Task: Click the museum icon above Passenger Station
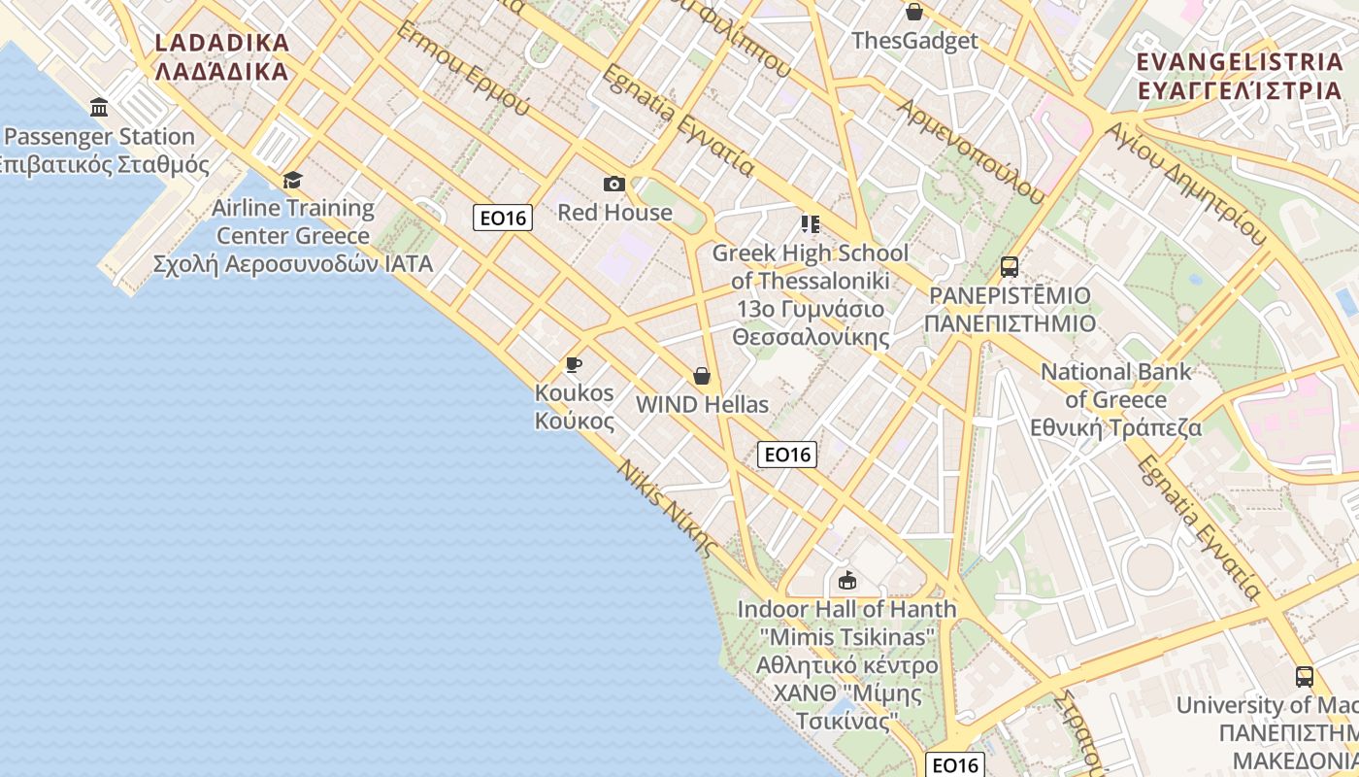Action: (98, 107)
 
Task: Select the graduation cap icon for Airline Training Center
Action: (292, 180)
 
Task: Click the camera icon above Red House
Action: (613, 184)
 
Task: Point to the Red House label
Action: (614, 212)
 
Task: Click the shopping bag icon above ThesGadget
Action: (913, 12)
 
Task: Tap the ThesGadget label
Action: (914, 41)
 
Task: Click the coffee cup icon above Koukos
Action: (574, 364)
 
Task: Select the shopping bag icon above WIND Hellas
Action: (702, 376)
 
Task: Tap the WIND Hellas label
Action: (702, 404)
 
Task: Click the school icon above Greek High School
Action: (811, 224)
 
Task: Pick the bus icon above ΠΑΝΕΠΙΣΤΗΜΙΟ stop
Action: (1010, 266)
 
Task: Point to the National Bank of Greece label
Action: (1116, 399)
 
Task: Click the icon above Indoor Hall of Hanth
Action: (846, 581)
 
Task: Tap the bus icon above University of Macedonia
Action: (1305, 676)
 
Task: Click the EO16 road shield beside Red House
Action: (503, 218)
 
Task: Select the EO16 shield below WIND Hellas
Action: (787, 454)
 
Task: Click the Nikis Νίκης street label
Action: (668, 505)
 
